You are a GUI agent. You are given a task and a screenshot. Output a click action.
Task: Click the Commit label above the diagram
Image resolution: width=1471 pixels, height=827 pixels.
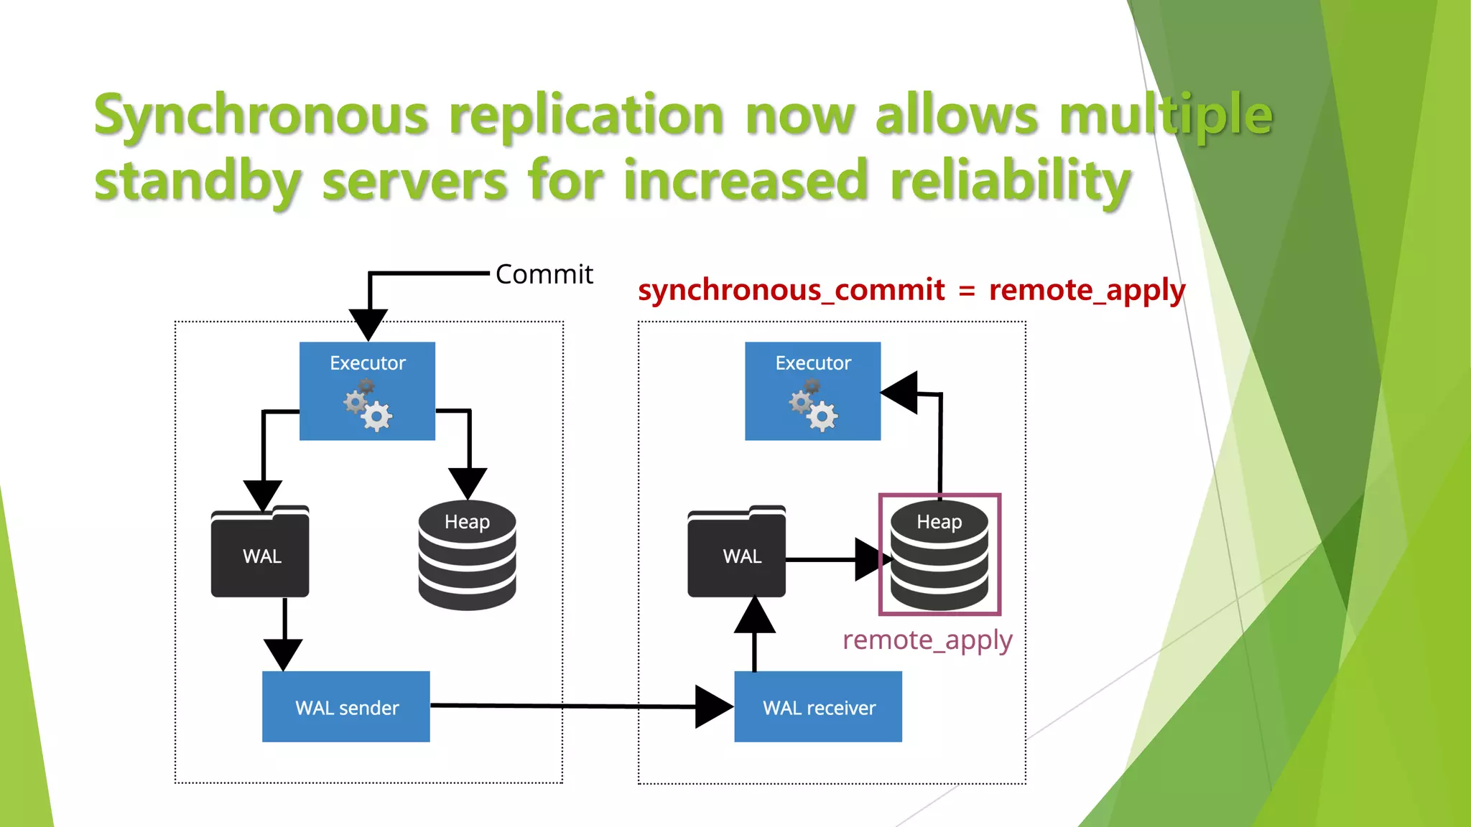click(544, 274)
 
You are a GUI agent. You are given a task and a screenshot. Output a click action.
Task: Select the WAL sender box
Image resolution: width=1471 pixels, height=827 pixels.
click(346, 707)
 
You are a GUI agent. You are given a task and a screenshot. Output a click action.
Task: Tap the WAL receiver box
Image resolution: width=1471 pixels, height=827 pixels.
click(818, 707)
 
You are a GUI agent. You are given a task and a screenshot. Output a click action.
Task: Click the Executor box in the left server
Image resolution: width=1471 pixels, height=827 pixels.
click(367, 391)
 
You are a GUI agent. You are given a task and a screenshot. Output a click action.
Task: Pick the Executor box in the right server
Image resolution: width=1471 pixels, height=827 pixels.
click(812, 391)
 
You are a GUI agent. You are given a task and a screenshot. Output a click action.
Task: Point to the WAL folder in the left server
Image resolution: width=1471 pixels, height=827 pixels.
click(260, 553)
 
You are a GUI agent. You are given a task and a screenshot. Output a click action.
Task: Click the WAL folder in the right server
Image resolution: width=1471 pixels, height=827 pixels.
click(736, 553)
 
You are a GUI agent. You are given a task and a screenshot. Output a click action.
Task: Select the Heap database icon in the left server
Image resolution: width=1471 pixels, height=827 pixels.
click(467, 556)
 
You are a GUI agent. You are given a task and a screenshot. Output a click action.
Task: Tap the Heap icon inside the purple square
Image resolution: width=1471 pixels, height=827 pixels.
click(939, 556)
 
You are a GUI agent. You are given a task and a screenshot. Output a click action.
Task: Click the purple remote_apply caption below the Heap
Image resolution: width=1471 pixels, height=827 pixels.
click(927, 640)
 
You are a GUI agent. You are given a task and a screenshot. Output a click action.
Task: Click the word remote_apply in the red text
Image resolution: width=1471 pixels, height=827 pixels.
click(1087, 290)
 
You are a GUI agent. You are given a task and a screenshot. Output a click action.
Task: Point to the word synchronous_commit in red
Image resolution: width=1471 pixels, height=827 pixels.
click(791, 290)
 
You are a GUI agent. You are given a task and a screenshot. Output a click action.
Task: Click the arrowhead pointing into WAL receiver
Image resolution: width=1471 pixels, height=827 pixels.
click(713, 707)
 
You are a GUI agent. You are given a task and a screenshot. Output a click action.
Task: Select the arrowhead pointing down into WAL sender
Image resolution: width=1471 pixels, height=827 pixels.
click(284, 653)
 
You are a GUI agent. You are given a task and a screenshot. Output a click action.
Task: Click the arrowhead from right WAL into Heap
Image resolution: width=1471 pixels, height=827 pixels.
click(871, 559)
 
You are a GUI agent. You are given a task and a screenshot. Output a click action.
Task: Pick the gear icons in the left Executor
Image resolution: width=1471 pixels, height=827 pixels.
click(368, 406)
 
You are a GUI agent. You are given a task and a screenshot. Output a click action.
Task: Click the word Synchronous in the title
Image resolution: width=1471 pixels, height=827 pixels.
click(261, 115)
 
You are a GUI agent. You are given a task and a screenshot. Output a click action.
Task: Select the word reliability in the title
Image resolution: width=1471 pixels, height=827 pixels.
click(1010, 180)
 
